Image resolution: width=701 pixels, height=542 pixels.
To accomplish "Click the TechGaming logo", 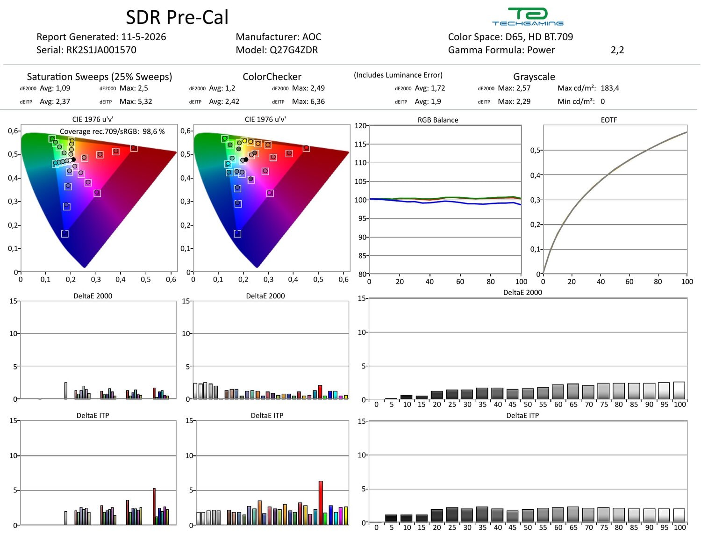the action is tap(527, 16).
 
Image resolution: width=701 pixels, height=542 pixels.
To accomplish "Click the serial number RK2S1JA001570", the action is tap(101, 50).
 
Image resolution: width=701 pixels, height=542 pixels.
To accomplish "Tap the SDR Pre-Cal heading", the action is tap(177, 17).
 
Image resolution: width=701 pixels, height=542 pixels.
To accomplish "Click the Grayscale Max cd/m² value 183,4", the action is tap(610, 88).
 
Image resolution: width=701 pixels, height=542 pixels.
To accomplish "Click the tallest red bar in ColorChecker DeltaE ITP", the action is tap(320, 503).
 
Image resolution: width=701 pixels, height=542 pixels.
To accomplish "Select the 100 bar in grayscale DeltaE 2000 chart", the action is tap(679, 390).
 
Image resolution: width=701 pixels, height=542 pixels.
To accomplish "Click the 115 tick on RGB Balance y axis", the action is tap(360, 145).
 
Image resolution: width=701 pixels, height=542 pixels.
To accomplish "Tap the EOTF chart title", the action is tap(609, 120).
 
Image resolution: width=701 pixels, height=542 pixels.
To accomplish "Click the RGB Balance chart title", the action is tap(438, 120).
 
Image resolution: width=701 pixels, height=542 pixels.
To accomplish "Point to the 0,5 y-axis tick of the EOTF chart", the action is tap(535, 151).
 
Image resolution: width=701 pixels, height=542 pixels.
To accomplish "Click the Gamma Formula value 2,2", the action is tap(617, 50).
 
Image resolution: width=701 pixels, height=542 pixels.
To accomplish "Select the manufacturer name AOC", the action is tap(312, 37).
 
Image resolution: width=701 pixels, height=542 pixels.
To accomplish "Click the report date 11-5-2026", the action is tap(143, 37).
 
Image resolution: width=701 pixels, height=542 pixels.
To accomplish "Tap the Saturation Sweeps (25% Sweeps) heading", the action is tap(100, 77).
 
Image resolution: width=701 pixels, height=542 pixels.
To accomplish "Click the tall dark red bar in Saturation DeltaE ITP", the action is tap(154, 506).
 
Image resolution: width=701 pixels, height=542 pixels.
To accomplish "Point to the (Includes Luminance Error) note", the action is tap(398, 75).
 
